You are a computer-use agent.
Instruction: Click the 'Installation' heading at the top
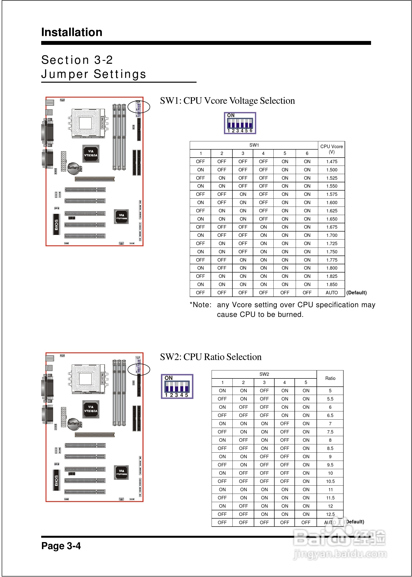pyautogui.click(x=72, y=32)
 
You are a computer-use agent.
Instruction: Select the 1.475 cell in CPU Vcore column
pyautogui.click(x=332, y=162)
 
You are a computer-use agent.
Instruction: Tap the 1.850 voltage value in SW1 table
pyautogui.click(x=332, y=284)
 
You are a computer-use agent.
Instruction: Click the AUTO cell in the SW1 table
pyautogui.click(x=332, y=293)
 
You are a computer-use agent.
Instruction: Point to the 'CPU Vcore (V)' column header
pyautogui.click(x=331, y=149)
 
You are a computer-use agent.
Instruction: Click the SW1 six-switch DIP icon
pyautogui.click(x=240, y=123)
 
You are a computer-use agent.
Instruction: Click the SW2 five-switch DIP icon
pyautogui.click(x=177, y=386)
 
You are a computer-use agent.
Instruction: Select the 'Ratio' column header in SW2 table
pyautogui.click(x=330, y=378)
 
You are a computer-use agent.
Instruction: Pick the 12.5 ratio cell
pyautogui.click(x=330, y=514)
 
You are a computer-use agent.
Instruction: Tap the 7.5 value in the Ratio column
pyautogui.click(x=330, y=432)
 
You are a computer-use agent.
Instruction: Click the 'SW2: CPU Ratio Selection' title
pyautogui.click(x=211, y=357)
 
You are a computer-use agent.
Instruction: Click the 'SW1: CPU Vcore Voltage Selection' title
pyautogui.click(x=227, y=101)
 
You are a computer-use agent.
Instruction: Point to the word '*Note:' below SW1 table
pyautogui.click(x=200, y=305)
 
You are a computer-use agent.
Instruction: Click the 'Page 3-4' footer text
pyautogui.click(x=61, y=545)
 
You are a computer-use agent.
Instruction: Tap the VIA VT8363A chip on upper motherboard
pyautogui.click(x=91, y=153)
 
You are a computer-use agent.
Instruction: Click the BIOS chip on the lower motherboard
pyautogui.click(x=56, y=480)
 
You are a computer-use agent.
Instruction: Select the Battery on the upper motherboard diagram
pyautogui.click(x=74, y=168)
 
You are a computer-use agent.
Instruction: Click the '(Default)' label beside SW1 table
pyautogui.click(x=357, y=293)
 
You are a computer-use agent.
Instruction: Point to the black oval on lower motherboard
pyautogui.click(x=139, y=369)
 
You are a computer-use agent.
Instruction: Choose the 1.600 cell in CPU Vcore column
pyautogui.click(x=332, y=202)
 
